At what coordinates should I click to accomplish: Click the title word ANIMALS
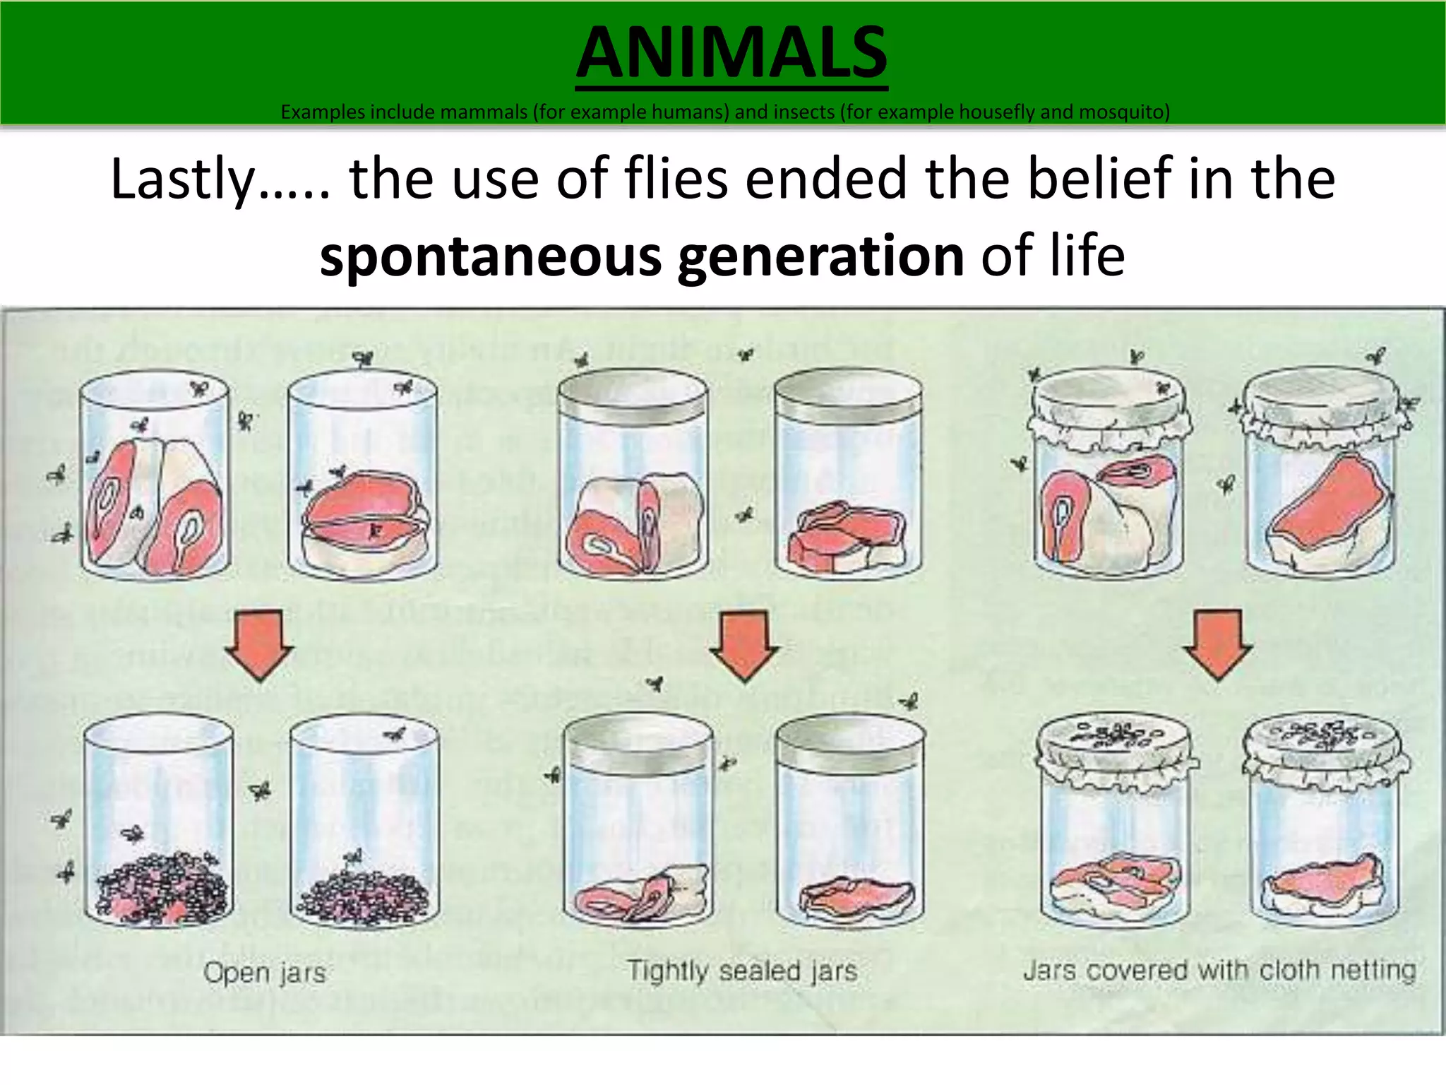point(731,54)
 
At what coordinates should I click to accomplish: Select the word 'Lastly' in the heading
point(182,179)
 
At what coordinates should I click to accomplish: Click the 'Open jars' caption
point(265,973)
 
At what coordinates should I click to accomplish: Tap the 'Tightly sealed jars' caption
point(742,971)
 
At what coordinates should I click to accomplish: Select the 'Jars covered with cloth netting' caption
point(1219,970)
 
